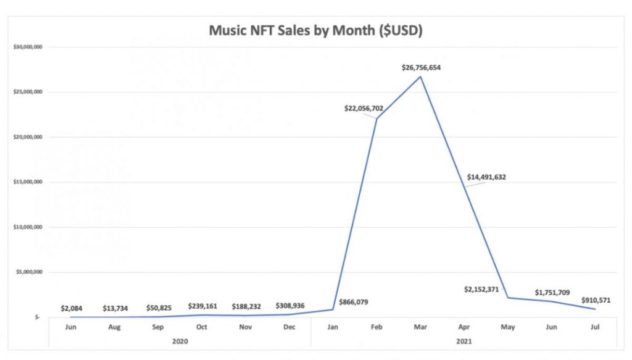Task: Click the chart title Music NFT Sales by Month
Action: click(x=315, y=31)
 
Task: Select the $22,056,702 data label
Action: click(x=364, y=108)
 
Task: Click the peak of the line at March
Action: click(x=420, y=77)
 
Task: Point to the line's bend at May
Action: click(x=507, y=298)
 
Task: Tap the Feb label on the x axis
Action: click(x=377, y=327)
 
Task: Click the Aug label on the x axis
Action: click(x=115, y=327)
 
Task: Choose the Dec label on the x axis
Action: click(x=289, y=327)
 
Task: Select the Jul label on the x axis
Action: click(x=594, y=327)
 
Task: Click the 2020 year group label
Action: click(x=180, y=340)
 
